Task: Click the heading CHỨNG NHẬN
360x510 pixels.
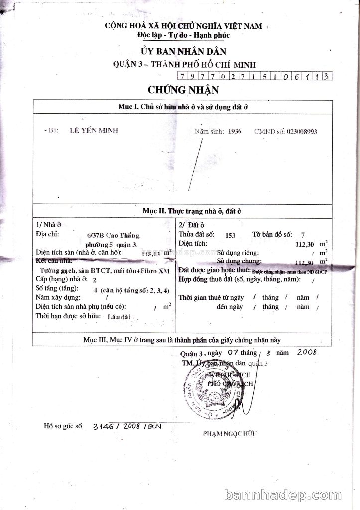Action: pyautogui.click(x=182, y=90)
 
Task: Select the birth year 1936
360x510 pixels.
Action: pyautogui.click(x=234, y=132)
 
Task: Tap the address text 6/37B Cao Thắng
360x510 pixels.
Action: pyautogui.click(x=114, y=235)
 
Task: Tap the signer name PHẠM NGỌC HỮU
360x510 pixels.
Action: pyautogui.click(x=230, y=434)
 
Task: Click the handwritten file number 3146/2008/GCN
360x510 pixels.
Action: pyautogui.click(x=127, y=427)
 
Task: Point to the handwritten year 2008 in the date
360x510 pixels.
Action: pyautogui.click(x=306, y=352)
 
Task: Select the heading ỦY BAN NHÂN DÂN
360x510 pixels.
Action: pyautogui.click(x=183, y=51)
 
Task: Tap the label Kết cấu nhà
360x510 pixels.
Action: pyautogui.click(x=54, y=261)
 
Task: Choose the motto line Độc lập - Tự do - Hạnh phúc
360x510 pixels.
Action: pyautogui.click(x=183, y=35)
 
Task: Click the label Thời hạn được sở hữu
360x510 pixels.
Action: pyautogui.click(x=68, y=316)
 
